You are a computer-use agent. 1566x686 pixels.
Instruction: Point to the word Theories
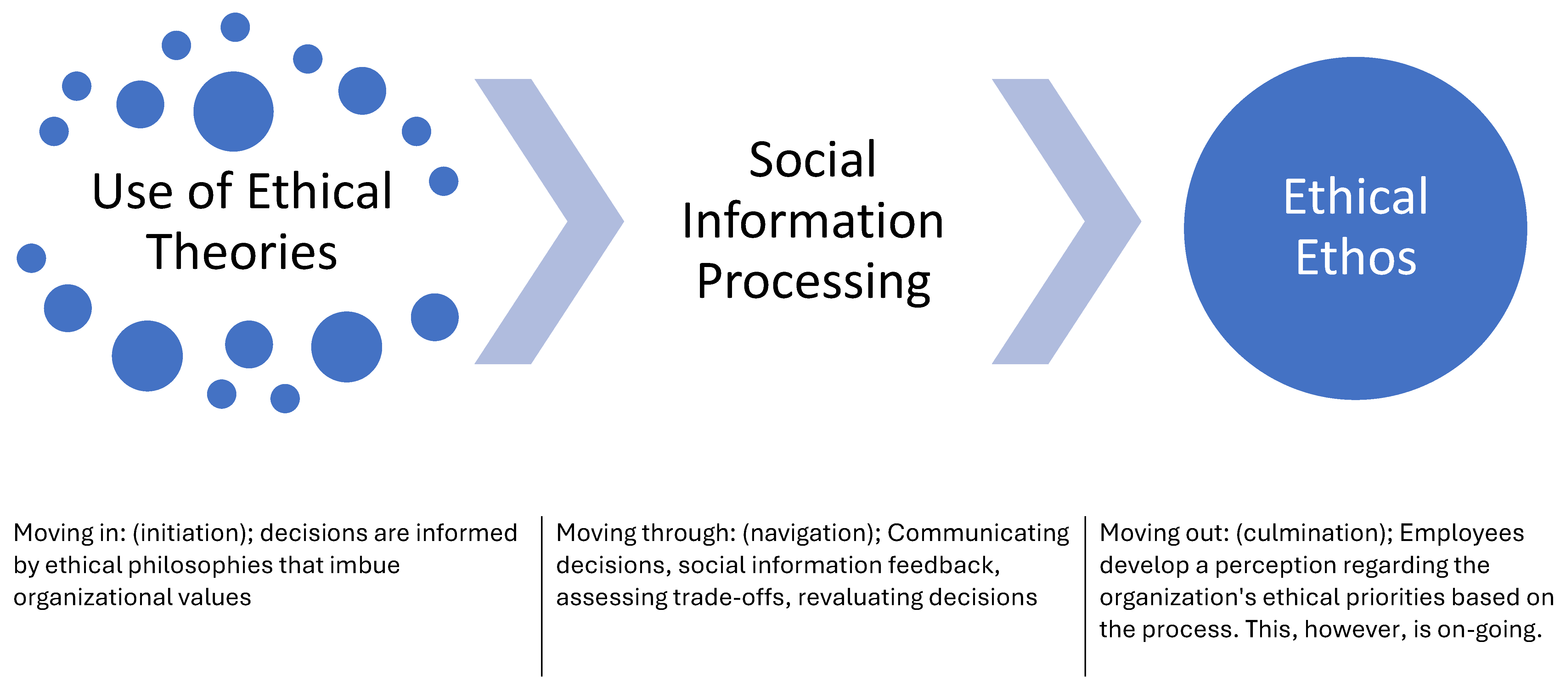(241, 252)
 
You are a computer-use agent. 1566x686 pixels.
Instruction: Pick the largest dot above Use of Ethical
(234, 111)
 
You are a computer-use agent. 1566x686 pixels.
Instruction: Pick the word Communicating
(977, 533)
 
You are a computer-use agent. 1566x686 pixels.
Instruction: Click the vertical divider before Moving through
(542, 595)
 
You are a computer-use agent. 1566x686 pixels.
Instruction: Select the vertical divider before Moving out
(1085, 595)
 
